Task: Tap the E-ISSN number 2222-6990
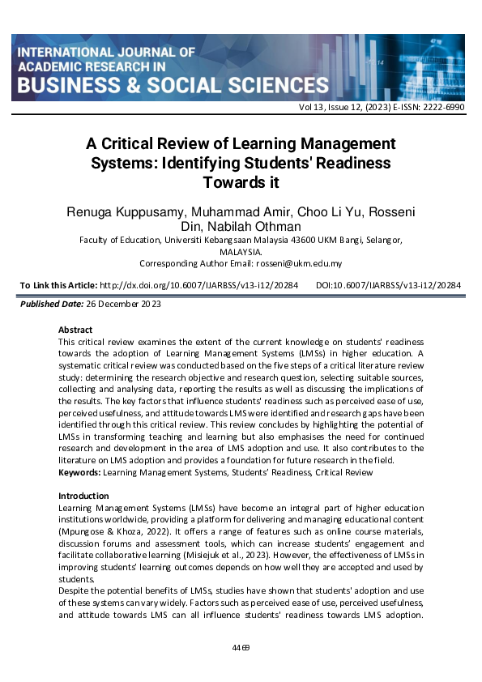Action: [444, 106]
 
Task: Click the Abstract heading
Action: [75, 330]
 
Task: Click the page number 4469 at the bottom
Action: [241, 647]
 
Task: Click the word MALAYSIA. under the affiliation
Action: [241, 251]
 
